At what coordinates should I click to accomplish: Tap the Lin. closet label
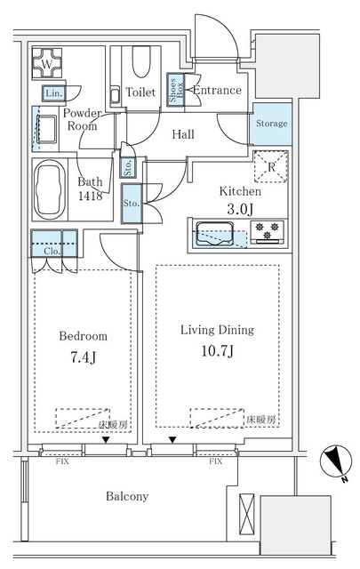coord(52,93)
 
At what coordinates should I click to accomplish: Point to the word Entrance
coord(217,91)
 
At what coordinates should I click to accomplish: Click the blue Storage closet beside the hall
coord(270,124)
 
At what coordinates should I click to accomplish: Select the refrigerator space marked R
coord(270,165)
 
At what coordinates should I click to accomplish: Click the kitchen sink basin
coord(215,235)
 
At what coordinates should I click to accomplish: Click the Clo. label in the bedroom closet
coord(52,251)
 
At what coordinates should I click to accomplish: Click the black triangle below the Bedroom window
coord(104,440)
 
